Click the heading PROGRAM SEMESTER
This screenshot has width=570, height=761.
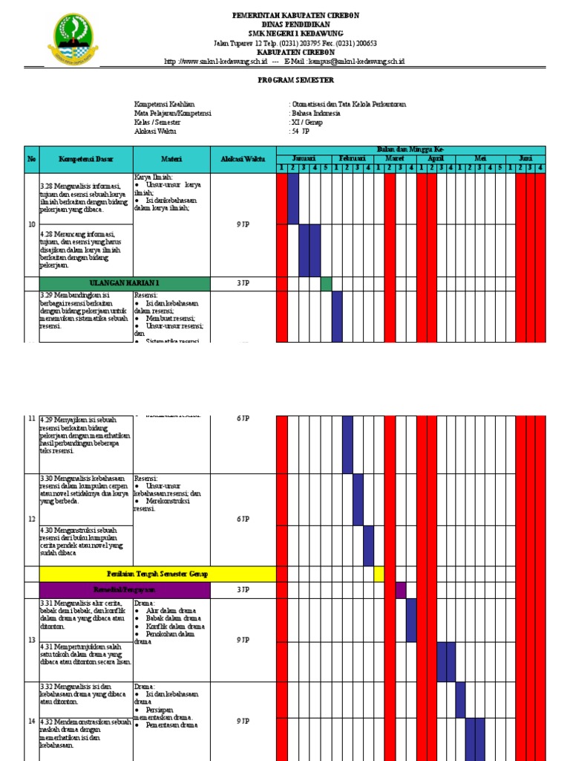[x=285, y=80]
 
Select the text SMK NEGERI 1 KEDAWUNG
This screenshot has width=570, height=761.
[x=285, y=33]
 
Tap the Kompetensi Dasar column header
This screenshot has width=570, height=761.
[x=85, y=159]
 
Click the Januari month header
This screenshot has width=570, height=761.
[x=304, y=158]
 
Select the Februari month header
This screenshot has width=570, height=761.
[x=353, y=158]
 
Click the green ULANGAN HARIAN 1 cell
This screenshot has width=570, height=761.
[x=125, y=283]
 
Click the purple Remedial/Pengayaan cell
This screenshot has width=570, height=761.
[x=125, y=589]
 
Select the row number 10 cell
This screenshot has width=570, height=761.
[x=32, y=224]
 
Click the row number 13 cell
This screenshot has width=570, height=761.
[x=32, y=639]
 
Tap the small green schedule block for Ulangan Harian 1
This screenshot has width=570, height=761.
[x=326, y=283]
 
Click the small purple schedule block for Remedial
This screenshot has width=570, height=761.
[x=401, y=589]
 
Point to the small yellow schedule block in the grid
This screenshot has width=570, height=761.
[x=379, y=574]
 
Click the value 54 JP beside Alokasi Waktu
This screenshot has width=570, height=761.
[x=301, y=131]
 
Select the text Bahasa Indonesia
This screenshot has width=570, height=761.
[x=316, y=113]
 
